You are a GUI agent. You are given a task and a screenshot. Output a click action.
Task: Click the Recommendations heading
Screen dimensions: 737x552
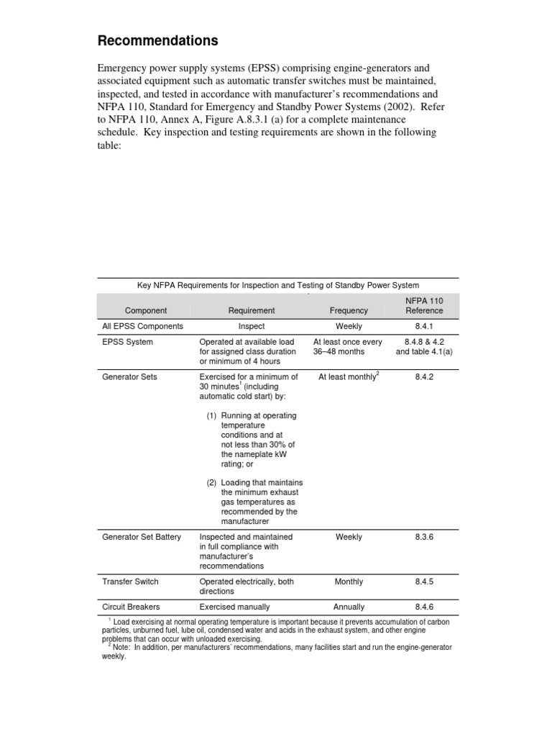pyautogui.click(x=157, y=40)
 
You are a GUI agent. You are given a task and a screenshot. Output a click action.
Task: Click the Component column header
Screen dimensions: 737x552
pyautogui.click(x=146, y=310)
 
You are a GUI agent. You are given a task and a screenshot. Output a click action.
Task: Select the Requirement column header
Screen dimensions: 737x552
pyautogui.click(x=252, y=310)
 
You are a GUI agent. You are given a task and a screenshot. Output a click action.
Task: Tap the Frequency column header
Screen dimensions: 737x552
pyautogui.click(x=349, y=310)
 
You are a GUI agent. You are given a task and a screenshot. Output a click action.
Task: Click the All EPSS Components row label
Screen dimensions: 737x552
pyautogui.click(x=143, y=326)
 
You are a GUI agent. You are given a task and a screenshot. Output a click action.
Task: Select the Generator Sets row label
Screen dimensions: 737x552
pyautogui.click(x=129, y=376)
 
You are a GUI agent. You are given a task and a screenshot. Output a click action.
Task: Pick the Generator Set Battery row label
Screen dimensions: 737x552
pyautogui.click(x=142, y=536)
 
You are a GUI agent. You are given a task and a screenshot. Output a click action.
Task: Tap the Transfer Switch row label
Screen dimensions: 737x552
pyautogui.click(x=130, y=582)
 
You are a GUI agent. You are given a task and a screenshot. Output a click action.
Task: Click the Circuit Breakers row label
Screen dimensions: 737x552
pyautogui.click(x=131, y=607)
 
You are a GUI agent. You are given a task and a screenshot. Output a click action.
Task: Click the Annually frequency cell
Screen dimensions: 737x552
pyautogui.click(x=349, y=607)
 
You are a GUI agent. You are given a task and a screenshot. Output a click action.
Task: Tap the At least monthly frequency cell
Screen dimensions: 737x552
pyautogui.click(x=348, y=376)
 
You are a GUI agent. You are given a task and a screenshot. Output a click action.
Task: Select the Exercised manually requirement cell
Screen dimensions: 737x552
pyautogui.click(x=236, y=607)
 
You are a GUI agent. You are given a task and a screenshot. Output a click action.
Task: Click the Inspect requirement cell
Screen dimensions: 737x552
pyautogui.click(x=252, y=326)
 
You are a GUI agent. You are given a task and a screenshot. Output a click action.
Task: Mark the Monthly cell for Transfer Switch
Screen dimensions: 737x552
pyautogui.click(x=349, y=582)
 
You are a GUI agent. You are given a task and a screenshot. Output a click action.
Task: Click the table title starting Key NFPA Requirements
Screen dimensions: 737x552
pyautogui.click(x=278, y=286)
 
